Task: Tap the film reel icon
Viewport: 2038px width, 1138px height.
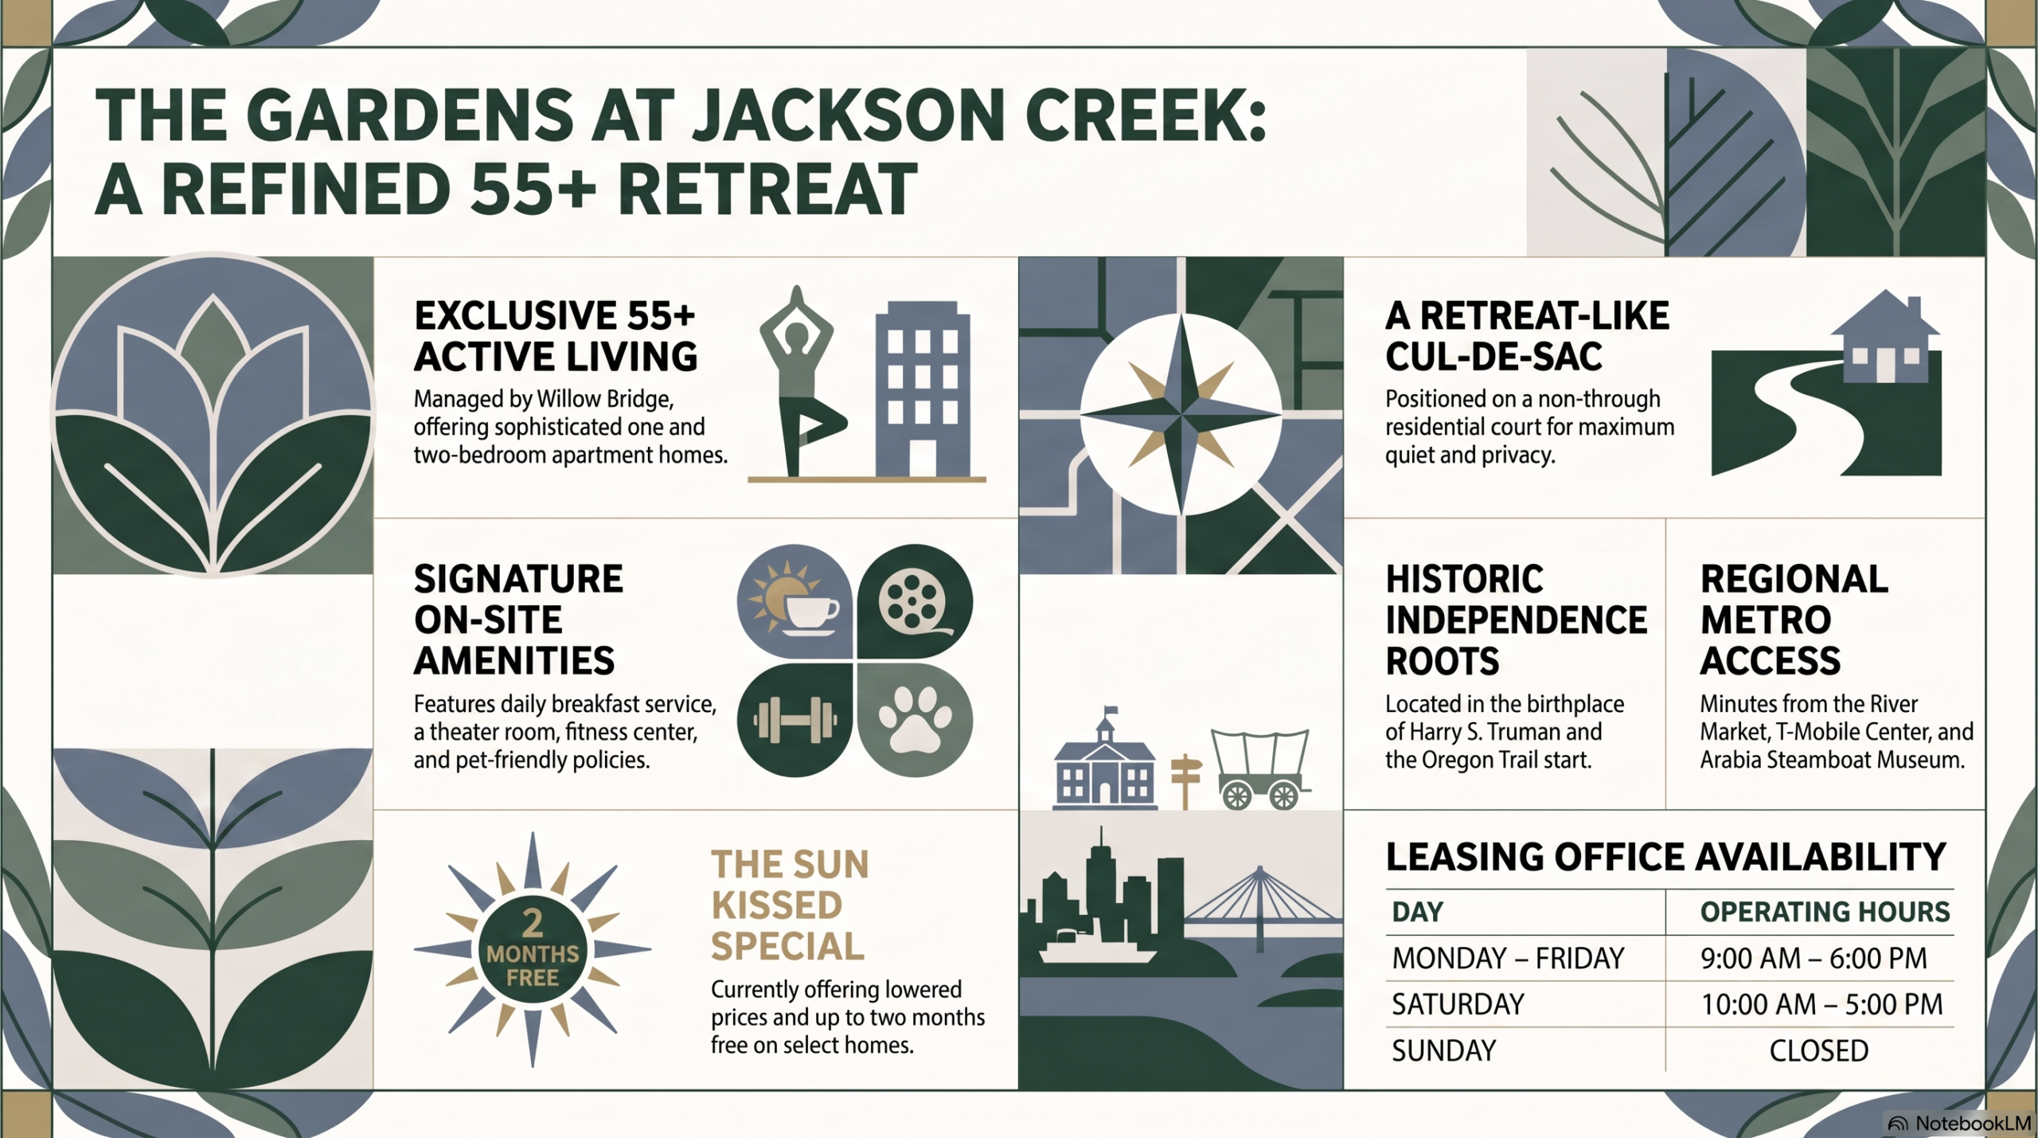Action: click(915, 602)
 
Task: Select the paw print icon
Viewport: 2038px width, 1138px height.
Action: click(915, 719)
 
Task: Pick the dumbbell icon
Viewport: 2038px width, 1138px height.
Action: click(795, 720)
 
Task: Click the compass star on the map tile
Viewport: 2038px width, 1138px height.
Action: click(1181, 414)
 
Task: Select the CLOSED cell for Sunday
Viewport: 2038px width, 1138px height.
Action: click(1818, 1051)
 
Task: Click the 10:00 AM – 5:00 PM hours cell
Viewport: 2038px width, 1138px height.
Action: click(1821, 1005)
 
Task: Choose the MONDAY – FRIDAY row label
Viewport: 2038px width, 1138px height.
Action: click(1508, 958)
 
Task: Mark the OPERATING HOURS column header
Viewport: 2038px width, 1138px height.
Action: click(1825, 912)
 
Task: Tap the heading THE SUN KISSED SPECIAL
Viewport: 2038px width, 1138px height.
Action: click(790, 905)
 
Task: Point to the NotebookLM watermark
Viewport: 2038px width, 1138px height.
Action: click(1959, 1124)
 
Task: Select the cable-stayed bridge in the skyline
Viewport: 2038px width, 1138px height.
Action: click(1260, 908)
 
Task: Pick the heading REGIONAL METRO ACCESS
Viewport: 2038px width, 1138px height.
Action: click(1794, 620)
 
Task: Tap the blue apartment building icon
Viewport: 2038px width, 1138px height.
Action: click(923, 389)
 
